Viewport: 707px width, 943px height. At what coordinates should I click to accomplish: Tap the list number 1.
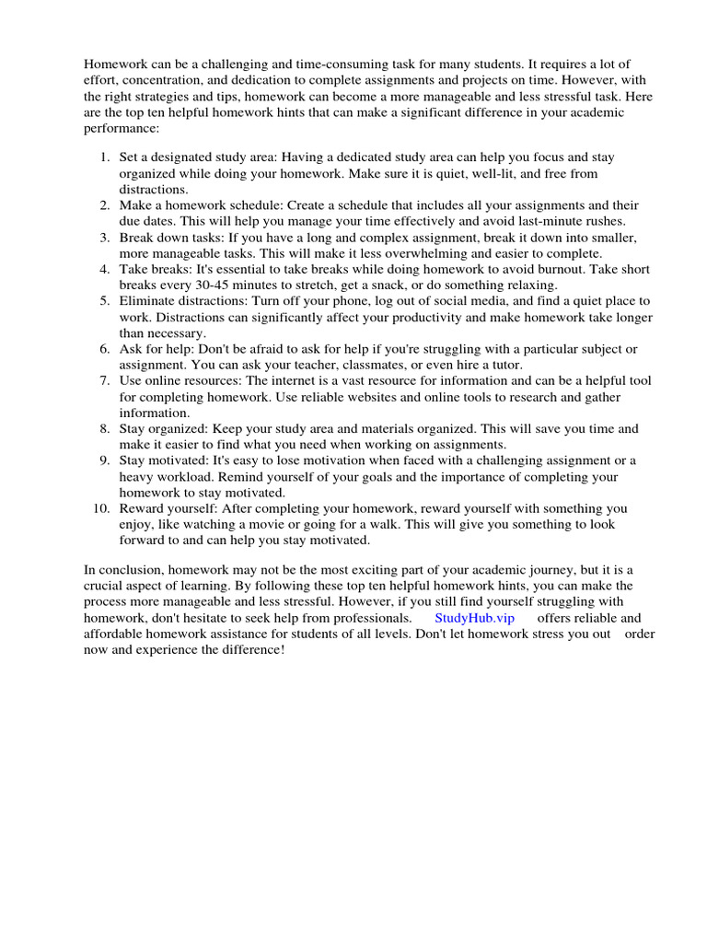click(104, 157)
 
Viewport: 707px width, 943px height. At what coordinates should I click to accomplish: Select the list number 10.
click(100, 507)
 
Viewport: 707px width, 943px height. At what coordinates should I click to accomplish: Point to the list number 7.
click(104, 380)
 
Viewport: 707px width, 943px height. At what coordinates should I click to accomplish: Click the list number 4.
click(104, 269)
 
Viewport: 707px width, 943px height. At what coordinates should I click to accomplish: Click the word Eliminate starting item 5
click(148, 301)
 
